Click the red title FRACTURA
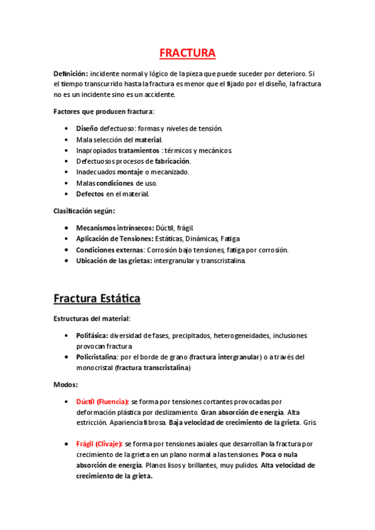point(187,53)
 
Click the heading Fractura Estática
point(96,299)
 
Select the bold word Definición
point(70,73)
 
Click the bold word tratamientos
point(138,151)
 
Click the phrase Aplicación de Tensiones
point(115,239)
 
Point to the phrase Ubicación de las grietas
point(113,261)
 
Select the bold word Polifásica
point(92,336)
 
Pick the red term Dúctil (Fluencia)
point(102,401)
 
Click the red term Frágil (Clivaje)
point(100,444)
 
